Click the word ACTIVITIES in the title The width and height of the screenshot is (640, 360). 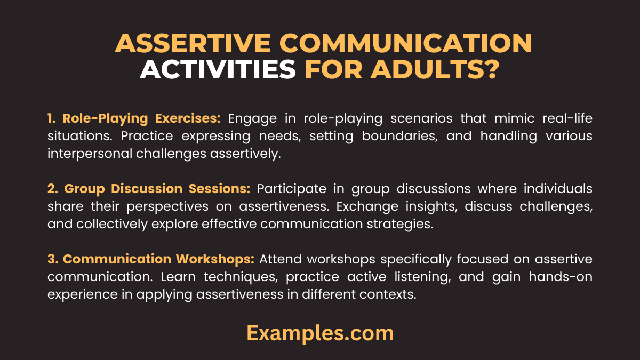coord(218,70)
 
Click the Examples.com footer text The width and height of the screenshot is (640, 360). coord(320,333)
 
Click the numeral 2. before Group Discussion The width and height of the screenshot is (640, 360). coord(53,189)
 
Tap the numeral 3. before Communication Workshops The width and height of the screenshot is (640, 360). coord(53,259)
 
